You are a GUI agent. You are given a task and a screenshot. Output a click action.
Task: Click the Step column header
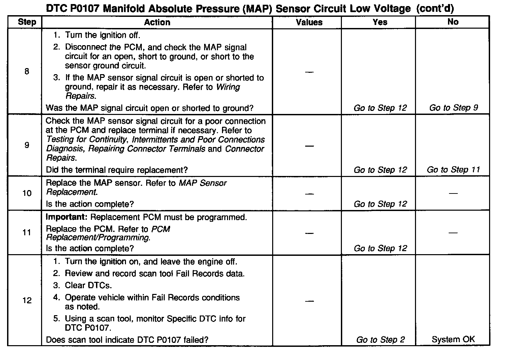click(27, 22)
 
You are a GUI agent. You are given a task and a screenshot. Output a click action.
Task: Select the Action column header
click(157, 23)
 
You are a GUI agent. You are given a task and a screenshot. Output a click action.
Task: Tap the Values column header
click(309, 23)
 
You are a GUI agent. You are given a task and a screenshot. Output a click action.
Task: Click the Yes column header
click(380, 22)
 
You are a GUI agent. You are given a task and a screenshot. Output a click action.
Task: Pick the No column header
click(453, 22)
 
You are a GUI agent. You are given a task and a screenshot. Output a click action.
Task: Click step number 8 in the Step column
click(27, 71)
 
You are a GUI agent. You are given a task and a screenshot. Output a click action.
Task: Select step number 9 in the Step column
click(27, 145)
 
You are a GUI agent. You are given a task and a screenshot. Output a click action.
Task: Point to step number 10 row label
click(27, 193)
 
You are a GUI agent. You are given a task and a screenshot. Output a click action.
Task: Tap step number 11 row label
click(27, 233)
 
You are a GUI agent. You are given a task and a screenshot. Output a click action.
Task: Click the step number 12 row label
click(27, 300)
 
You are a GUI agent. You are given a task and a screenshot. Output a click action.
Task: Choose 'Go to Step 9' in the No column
click(453, 108)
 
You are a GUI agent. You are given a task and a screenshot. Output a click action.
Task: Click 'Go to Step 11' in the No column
click(453, 170)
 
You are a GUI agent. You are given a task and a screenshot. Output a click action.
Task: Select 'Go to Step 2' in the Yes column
click(380, 340)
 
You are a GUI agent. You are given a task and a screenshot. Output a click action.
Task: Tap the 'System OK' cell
click(453, 339)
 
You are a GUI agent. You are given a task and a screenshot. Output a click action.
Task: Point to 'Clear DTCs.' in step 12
click(88, 286)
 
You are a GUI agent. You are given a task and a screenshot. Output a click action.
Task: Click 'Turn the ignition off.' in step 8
click(102, 35)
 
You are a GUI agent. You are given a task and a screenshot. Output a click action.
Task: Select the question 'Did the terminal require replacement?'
click(117, 170)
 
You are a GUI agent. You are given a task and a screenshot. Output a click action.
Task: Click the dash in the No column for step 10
click(453, 193)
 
